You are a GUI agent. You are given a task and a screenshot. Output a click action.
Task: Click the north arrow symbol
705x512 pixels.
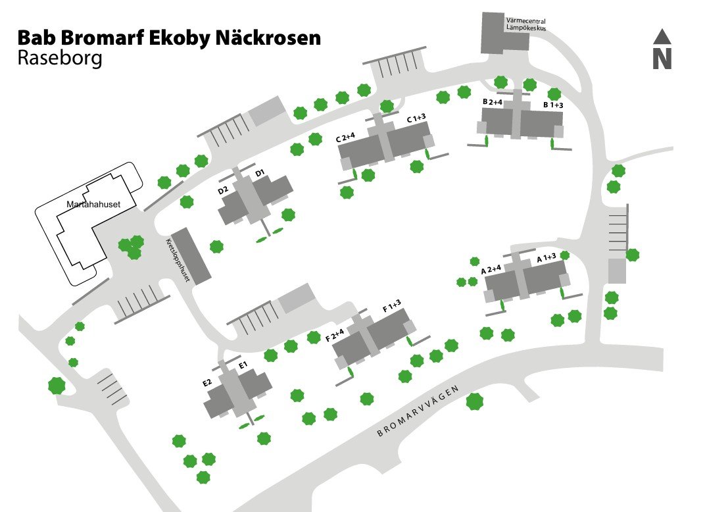662,49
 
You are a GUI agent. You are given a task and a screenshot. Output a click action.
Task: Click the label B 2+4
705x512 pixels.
493,102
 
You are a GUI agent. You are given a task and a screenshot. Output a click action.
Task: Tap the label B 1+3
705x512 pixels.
553,105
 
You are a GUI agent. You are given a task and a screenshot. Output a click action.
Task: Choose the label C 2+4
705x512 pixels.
345,138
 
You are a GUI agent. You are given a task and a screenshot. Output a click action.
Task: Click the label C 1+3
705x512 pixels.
416,118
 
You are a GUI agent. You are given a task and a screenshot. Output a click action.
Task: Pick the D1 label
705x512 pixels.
260,173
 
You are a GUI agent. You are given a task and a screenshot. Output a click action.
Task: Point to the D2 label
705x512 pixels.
223,190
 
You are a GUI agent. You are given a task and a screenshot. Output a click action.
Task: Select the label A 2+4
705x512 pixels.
491,269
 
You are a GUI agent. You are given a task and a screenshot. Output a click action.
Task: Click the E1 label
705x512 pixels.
242,365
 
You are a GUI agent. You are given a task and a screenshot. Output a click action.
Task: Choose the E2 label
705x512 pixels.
207,382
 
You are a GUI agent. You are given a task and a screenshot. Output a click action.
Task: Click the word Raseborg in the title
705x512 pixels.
60,59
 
